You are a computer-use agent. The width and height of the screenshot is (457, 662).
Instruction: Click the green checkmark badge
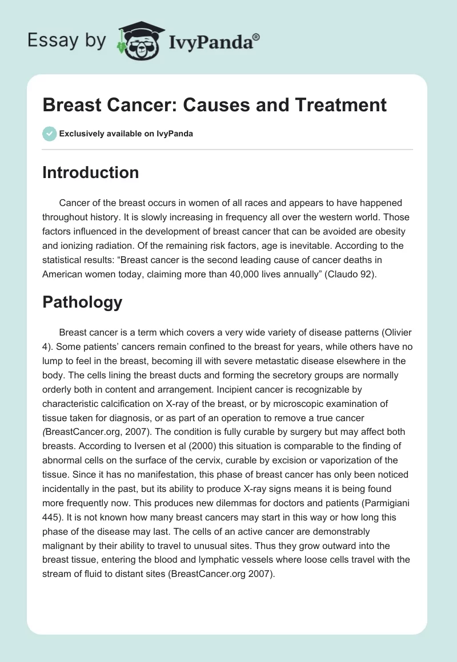pos(50,134)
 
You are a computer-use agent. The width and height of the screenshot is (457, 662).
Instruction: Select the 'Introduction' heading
pos(90,172)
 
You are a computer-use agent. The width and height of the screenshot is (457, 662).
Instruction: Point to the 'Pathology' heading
pos(82,302)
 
